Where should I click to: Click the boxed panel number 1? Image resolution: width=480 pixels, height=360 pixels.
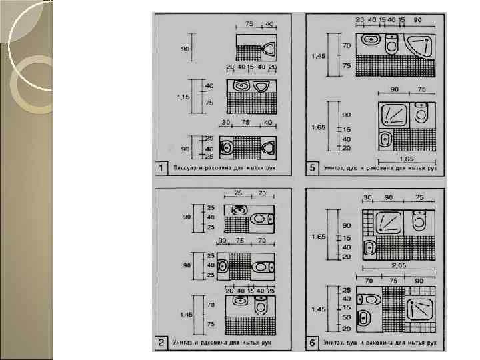161,168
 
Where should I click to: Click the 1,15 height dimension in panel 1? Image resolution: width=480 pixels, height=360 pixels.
182,97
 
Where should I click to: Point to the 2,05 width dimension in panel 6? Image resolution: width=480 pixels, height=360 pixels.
399,265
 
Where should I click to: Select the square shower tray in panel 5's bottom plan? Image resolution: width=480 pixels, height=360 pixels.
395,115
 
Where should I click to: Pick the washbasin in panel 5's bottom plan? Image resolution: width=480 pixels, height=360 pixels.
385,140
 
